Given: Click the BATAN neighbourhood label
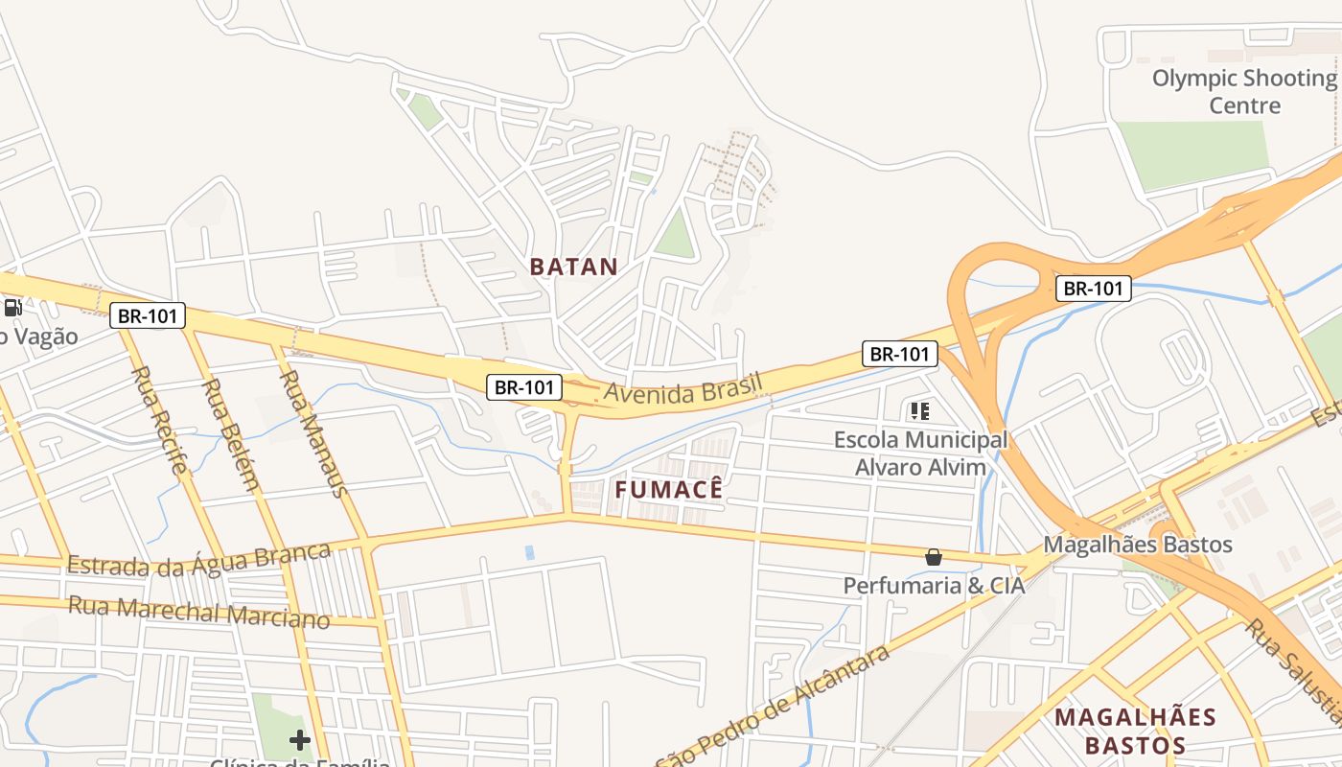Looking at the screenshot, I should (x=574, y=267).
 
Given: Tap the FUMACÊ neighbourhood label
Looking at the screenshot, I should (x=668, y=490).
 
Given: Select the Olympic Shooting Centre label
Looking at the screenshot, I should (x=1244, y=91).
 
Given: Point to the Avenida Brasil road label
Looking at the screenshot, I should (x=683, y=388).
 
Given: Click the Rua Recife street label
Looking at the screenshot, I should (x=158, y=420).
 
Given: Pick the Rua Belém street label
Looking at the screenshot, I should (x=230, y=434).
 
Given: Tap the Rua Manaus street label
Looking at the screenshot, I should (x=312, y=433).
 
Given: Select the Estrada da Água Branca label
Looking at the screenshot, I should (x=199, y=560).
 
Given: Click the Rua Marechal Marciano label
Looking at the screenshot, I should (x=199, y=612).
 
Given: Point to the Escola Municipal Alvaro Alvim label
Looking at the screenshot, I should (x=920, y=453).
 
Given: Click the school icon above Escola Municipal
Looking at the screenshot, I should (x=920, y=412).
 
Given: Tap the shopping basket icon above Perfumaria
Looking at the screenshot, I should (x=934, y=557).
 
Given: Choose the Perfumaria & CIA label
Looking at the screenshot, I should (x=934, y=585).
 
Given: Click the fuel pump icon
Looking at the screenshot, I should (x=13, y=308).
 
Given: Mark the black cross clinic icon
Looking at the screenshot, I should (x=300, y=739).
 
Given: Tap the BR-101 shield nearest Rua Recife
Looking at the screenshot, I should (x=148, y=315).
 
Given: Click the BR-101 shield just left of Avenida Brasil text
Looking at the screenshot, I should (x=524, y=387).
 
